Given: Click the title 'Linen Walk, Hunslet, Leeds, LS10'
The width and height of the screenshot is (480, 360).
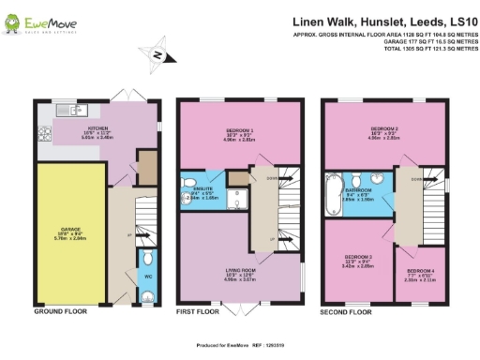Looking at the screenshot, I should point(385,19).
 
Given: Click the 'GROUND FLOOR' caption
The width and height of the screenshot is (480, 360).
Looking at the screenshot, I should point(60,310).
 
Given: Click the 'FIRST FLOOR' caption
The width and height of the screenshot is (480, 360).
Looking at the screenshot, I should point(201,310).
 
